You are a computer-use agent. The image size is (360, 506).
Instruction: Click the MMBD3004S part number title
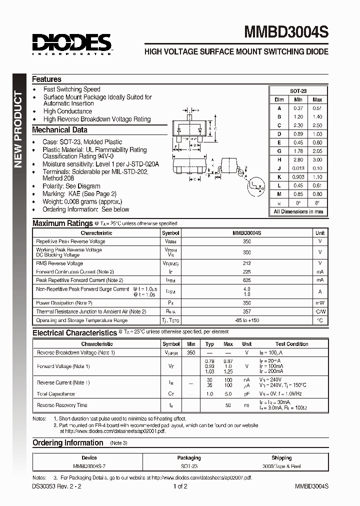(286, 33)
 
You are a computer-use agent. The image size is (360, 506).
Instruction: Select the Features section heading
(46, 79)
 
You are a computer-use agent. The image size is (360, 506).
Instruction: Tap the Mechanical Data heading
(59, 130)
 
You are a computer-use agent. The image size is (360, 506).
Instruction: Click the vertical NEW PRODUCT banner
(18, 130)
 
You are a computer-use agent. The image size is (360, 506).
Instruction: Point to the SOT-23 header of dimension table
(298, 91)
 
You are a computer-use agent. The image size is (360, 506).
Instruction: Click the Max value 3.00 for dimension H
(317, 159)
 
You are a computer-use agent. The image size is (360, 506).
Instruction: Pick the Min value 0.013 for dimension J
(298, 168)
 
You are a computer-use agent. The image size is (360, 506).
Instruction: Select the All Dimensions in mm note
(298, 211)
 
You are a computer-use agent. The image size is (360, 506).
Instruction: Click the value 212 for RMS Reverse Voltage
(247, 263)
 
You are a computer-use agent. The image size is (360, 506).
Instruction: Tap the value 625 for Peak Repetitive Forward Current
(247, 280)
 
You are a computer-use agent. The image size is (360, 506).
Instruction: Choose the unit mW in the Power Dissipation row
(320, 303)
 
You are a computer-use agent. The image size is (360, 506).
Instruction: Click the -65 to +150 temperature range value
(247, 320)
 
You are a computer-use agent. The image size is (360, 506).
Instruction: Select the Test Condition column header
(291, 344)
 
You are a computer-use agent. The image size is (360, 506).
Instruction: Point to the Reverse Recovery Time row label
(62, 405)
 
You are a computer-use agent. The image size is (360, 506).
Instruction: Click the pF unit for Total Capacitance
(246, 394)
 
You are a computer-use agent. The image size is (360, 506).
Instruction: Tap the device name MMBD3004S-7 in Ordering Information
(89, 466)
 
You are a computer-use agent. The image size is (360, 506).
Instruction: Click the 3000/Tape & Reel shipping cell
(281, 466)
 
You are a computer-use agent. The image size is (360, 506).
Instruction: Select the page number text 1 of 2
(180, 486)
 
